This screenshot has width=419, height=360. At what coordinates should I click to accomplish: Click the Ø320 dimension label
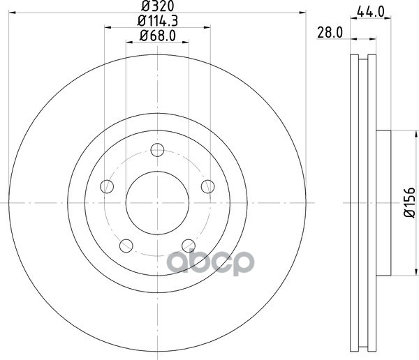(x=158, y=6)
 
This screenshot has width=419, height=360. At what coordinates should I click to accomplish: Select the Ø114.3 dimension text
(x=158, y=21)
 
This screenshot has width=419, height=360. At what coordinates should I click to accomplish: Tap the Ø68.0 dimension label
(x=158, y=36)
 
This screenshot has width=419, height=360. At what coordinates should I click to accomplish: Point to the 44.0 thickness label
(x=371, y=12)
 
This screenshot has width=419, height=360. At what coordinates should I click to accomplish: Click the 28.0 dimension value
(x=330, y=33)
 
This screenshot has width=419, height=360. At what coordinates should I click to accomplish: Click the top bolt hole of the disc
(x=157, y=150)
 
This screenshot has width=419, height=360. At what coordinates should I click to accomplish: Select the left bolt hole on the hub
(x=107, y=186)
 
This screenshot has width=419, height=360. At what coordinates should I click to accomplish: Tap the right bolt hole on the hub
(x=208, y=186)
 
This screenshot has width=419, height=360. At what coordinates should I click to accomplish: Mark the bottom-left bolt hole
(x=126, y=246)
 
